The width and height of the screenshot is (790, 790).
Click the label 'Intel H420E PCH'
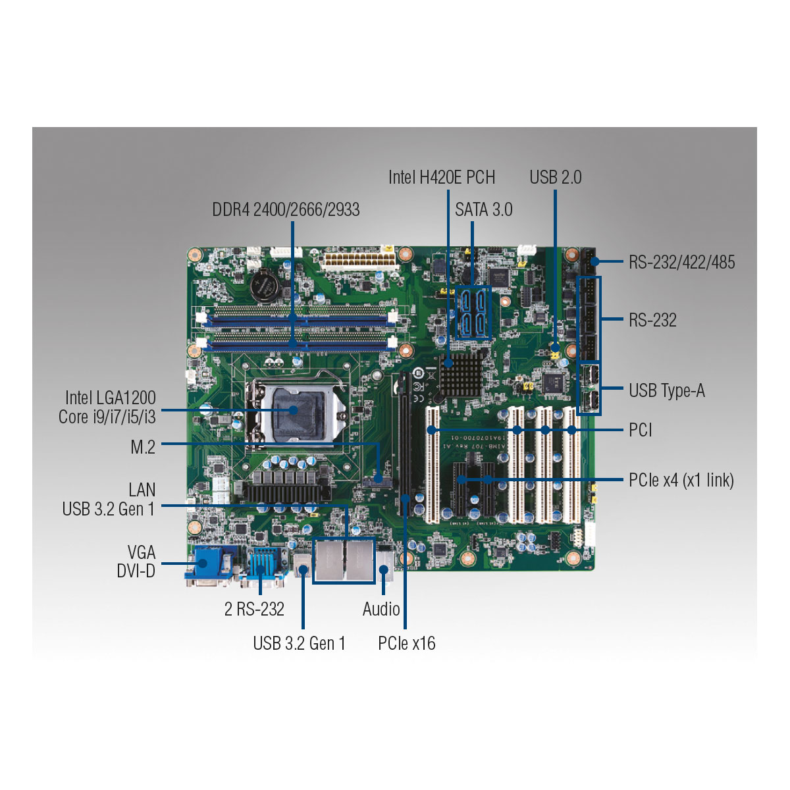click(x=442, y=178)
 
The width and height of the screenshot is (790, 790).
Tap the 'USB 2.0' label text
click(x=555, y=178)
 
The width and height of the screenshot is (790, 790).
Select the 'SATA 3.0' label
click(x=483, y=210)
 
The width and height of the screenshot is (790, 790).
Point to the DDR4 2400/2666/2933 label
click(x=286, y=210)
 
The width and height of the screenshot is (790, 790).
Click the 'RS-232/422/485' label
click(x=682, y=263)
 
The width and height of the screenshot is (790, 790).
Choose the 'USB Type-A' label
click(x=667, y=390)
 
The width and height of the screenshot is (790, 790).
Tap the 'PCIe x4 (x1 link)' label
click(x=681, y=480)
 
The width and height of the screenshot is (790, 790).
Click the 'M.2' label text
click(x=143, y=447)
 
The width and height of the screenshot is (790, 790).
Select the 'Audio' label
click(x=381, y=609)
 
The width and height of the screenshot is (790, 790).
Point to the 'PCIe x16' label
click(x=406, y=643)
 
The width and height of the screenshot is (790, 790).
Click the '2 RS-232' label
click(x=254, y=609)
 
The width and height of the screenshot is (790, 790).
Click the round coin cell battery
click(x=265, y=285)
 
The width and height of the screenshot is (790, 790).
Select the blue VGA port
click(x=208, y=566)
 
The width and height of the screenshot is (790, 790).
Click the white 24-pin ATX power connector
click(x=360, y=261)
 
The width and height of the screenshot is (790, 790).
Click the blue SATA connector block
click(x=473, y=313)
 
